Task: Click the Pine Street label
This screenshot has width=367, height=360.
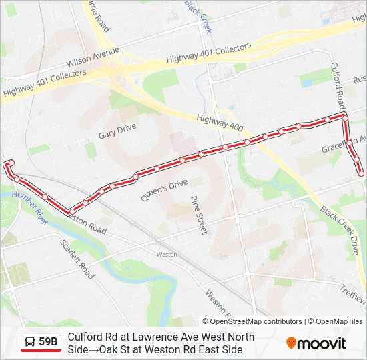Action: (x=199, y=214)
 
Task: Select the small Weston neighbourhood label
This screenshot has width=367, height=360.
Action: (x=167, y=254)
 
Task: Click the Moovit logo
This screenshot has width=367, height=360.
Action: (x=316, y=343)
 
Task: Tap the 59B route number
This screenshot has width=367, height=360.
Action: (x=48, y=342)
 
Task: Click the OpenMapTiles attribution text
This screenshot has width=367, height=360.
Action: (x=338, y=321)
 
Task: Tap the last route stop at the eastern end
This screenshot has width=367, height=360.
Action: (x=361, y=173)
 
